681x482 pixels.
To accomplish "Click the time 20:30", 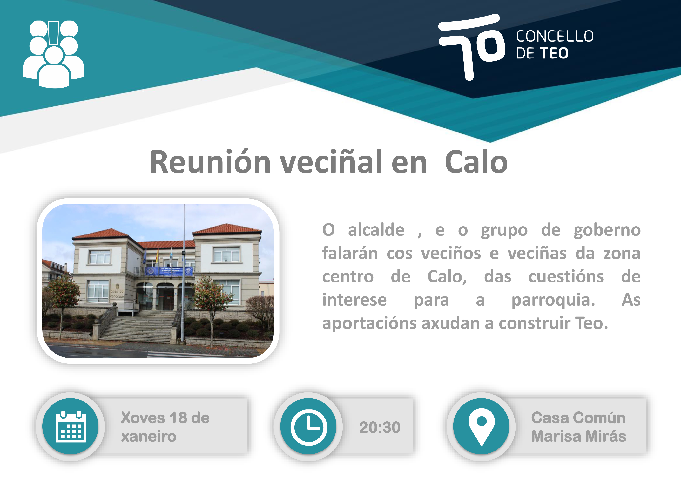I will (380, 427).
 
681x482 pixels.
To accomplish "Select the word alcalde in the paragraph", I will (376, 230).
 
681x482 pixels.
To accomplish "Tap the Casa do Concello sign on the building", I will (117, 294).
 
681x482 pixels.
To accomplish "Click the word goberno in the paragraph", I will (607, 230).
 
